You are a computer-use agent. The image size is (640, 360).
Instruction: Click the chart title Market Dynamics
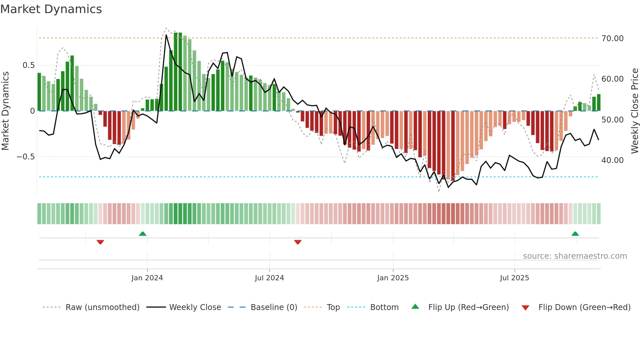(x=51, y=9)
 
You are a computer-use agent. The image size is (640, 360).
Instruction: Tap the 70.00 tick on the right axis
(x=612, y=39)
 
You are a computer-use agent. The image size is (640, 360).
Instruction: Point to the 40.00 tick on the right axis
(x=612, y=160)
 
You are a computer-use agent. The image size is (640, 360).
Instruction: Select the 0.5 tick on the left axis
(x=28, y=65)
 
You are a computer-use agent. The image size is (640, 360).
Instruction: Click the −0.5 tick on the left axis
(x=25, y=157)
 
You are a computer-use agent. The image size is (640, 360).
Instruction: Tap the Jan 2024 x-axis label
(x=147, y=278)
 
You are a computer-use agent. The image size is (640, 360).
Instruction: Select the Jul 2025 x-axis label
(x=514, y=278)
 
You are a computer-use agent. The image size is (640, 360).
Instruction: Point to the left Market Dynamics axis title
(x=5, y=111)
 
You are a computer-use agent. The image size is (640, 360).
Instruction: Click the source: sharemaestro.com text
(x=575, y=256)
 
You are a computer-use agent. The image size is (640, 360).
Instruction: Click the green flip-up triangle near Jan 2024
(x=143, y=234)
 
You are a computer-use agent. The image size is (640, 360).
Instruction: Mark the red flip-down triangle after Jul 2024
(x=298, y=242)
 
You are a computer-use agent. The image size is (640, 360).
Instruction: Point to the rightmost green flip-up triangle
(x=575, y=234)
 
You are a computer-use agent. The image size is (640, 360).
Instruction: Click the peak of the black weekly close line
(x=166, y=35)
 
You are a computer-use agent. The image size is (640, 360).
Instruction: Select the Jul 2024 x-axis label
(x=269, y=278)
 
